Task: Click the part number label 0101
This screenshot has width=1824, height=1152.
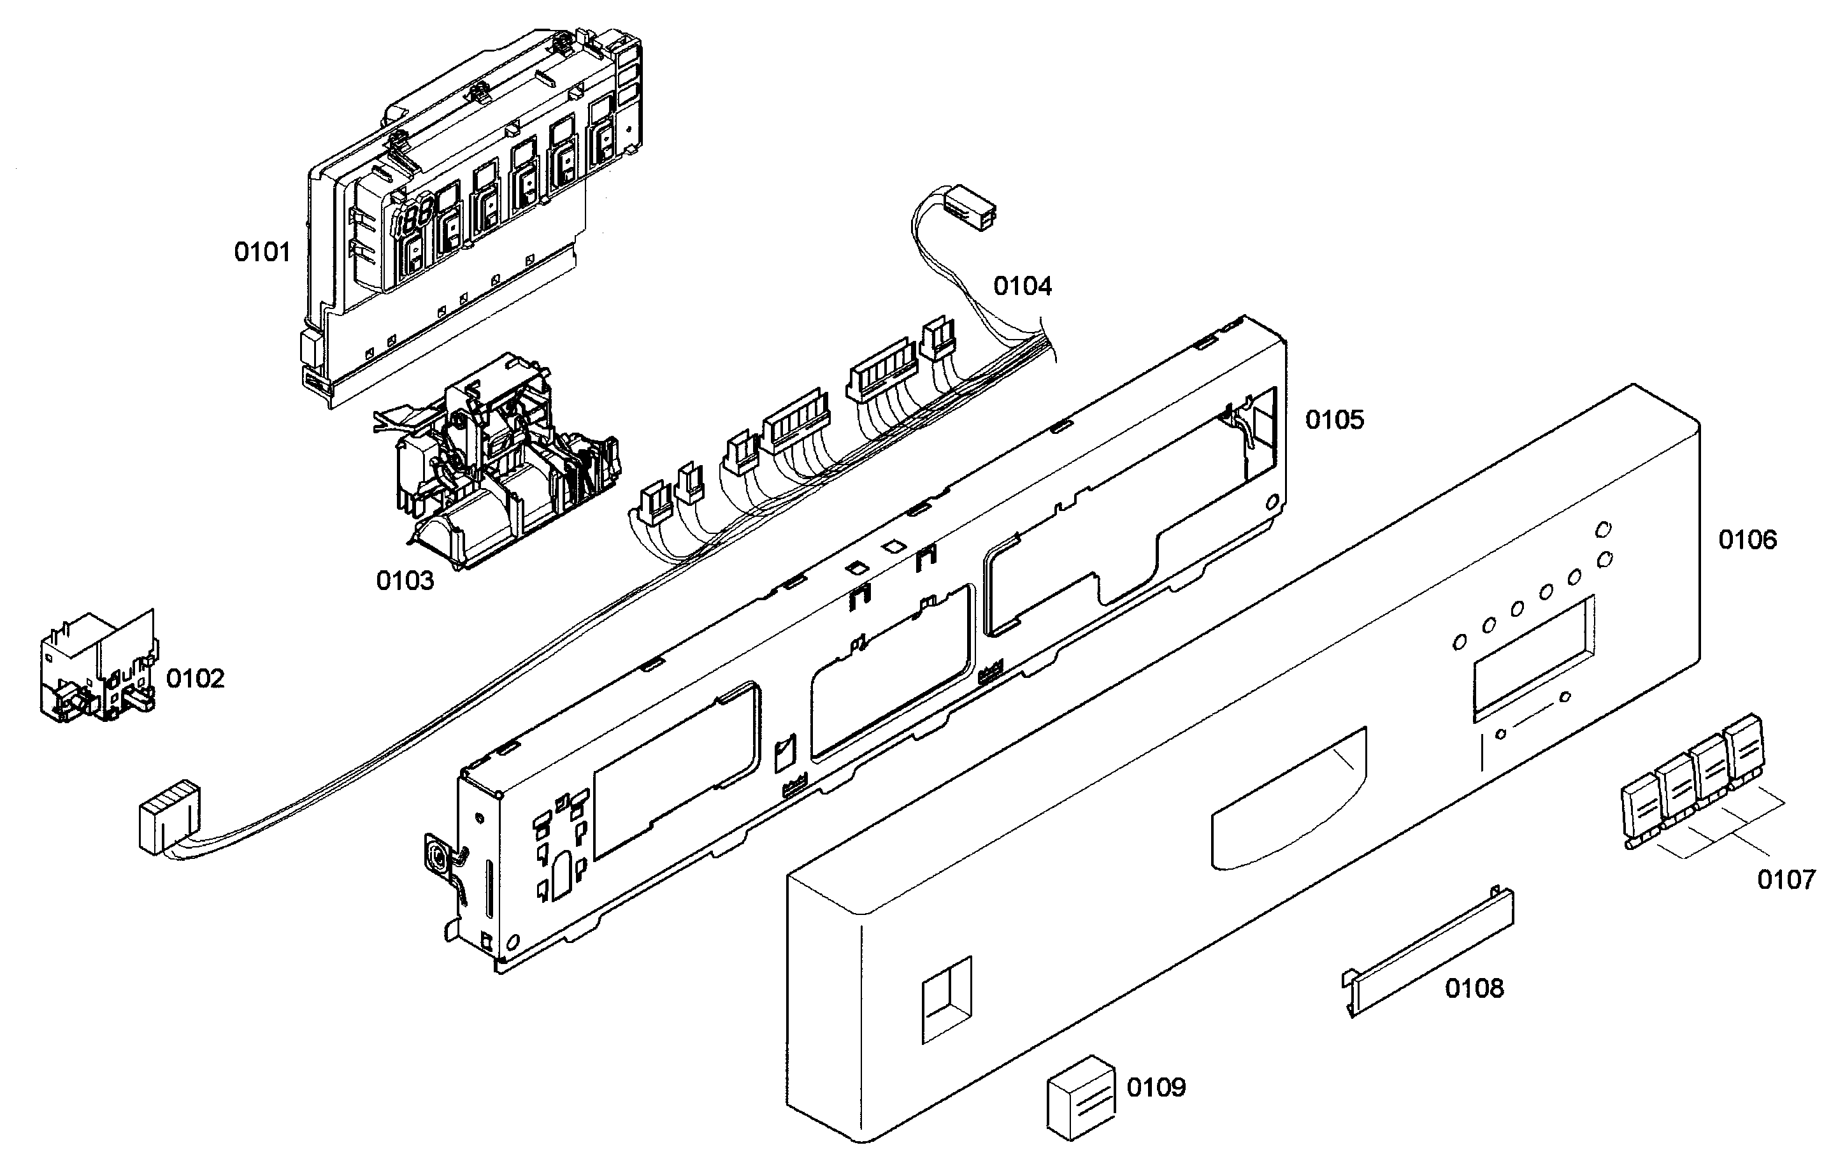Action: click(x=262, y=252)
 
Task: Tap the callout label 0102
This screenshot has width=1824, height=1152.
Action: click(x=196, y=679)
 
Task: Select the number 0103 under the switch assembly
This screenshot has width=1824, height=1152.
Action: click(x=405, y=581)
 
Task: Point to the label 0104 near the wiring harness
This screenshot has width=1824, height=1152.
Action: click(x=1023, y=286)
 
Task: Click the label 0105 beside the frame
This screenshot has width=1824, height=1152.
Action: click(x=1334, y=420)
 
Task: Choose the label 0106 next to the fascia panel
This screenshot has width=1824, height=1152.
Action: click(x=1747, y=540)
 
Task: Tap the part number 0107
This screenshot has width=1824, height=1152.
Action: click(x=1785, y=880)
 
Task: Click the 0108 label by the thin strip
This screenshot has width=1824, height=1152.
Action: click(x=1474, y=988)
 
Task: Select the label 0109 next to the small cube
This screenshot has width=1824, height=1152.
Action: click(x=1156, y=1088)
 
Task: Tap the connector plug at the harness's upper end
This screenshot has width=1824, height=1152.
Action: click(x=972, y=207)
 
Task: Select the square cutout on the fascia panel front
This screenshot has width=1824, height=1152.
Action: click(x=946, y=999)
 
